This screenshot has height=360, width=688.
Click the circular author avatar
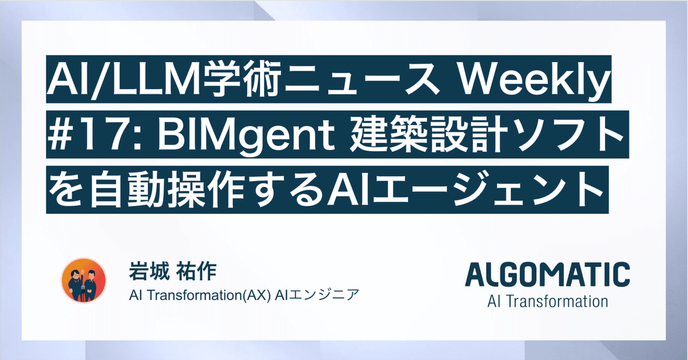click(84, 280)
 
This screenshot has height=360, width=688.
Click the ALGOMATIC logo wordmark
click(547, 275)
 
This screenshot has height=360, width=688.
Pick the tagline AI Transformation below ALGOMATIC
click(547, 301)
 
